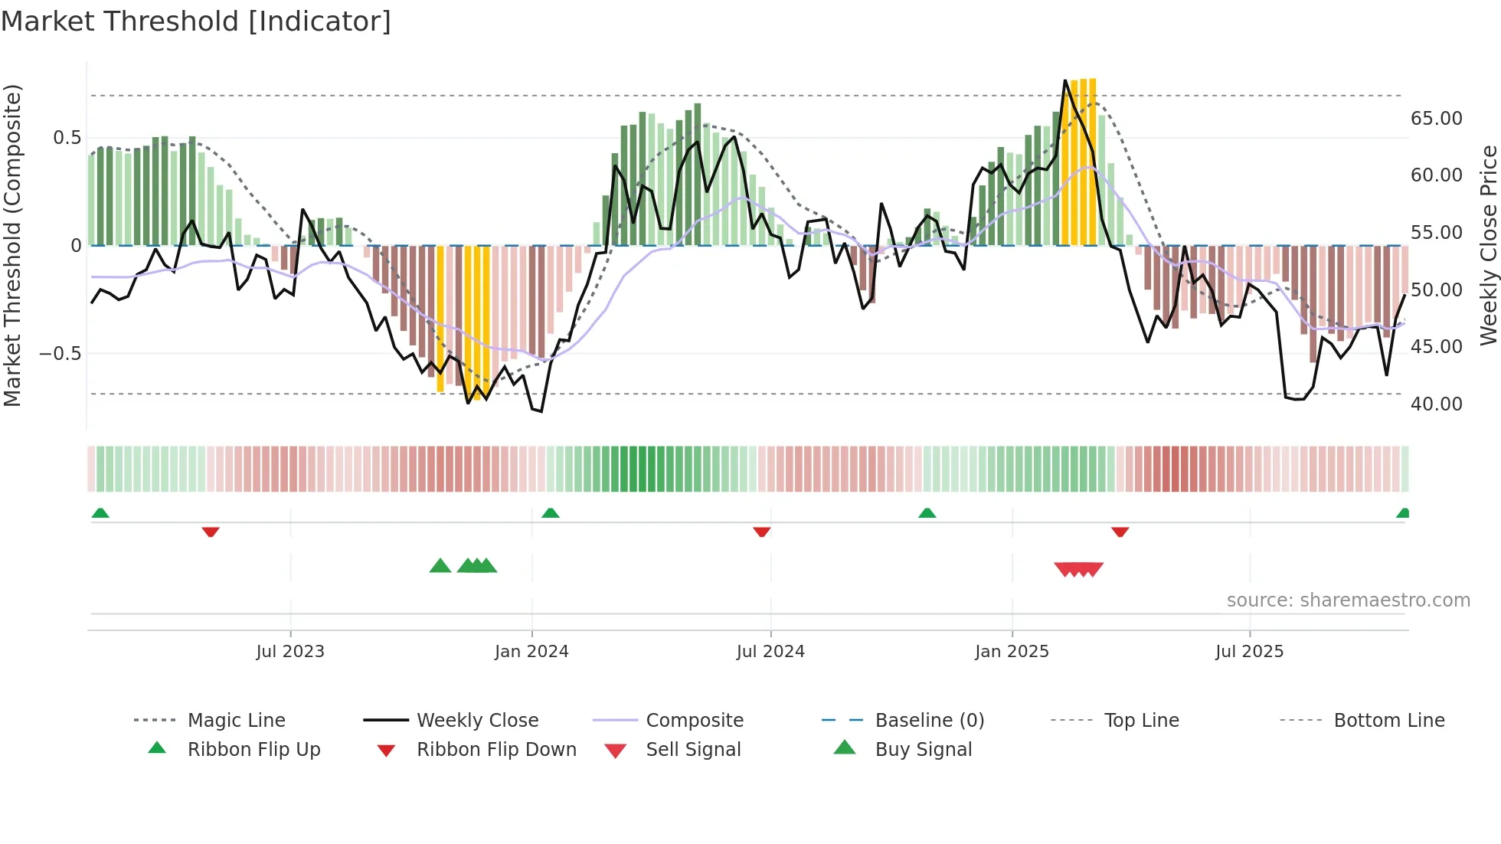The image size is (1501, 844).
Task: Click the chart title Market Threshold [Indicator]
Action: (196, 21)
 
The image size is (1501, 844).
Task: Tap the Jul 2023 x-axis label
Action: (290, 652)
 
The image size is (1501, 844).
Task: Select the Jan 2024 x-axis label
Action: (531, 652)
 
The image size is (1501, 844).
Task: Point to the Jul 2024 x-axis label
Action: (770, 652)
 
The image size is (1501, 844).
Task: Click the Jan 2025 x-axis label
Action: (1012, 652)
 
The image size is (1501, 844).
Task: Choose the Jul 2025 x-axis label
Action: (1249, 652)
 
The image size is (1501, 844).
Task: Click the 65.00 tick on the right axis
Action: (1436, 119)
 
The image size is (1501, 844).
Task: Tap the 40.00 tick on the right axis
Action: (1436, 404)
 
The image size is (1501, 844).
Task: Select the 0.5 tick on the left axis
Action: (67, 138)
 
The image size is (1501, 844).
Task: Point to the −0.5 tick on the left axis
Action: (60, 354)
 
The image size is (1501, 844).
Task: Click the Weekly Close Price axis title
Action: (1488, 245)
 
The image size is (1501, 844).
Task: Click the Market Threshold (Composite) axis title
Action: (12, 245)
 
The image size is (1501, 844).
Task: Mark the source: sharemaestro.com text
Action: (1348, 600)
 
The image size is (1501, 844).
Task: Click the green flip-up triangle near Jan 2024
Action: (551, 513)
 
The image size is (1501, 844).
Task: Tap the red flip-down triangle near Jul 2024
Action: (761, 532)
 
